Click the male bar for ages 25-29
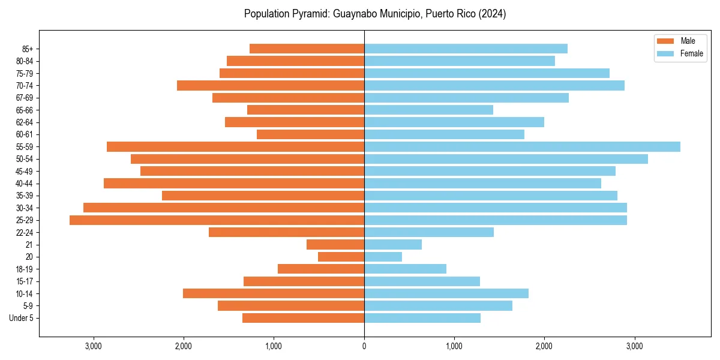coord(217,220)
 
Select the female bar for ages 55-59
coord(522,147)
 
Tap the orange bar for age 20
coord(341,257)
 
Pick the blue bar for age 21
coord(393,245)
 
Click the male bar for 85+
coord(307,49)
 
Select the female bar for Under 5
coord(422,318)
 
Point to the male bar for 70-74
coord(271,86)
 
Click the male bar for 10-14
coord(274,293)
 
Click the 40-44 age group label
coord(24,184)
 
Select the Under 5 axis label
coord(21,318)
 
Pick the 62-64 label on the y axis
coord(24,122)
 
